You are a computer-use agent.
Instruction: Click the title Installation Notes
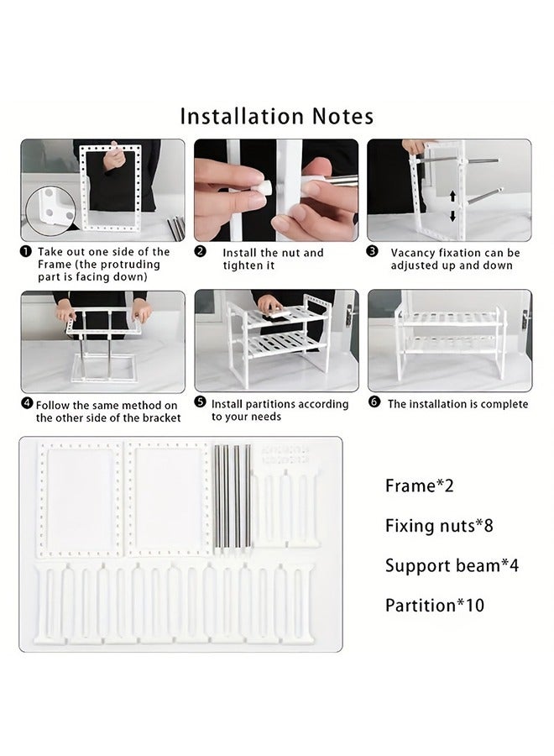click(276, 117)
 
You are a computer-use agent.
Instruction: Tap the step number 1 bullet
click(25, 252)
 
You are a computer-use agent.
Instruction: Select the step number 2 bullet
click(200, 252)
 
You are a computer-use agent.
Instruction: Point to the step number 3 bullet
click(373, 252)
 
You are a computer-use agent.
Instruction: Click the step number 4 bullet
click(28, 403)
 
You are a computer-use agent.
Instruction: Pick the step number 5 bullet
click(200, 402)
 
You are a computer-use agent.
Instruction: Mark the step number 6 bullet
click(374, 402)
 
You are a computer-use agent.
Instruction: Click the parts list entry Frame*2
click(419, 486)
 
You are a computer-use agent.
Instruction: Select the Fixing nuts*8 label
click(439, 526)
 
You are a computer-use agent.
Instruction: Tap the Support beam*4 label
click(452, 565)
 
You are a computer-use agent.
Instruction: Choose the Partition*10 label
click(435, 606)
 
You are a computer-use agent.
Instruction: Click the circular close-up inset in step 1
click(50, 211)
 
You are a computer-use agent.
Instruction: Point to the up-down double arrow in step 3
click(452, 207)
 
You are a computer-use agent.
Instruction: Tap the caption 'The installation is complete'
click(457, 404)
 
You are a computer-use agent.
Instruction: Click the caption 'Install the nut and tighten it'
click(273, 259)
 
